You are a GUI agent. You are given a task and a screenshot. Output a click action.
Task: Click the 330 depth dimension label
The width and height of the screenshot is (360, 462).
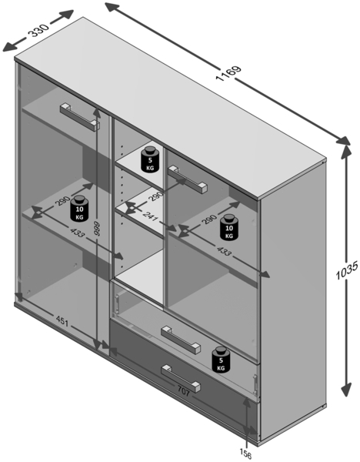coord(39,30)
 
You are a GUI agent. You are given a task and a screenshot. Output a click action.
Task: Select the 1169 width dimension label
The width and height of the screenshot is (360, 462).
coord(228,73)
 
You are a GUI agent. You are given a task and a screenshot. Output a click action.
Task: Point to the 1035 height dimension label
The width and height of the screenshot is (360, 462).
coord(347,270)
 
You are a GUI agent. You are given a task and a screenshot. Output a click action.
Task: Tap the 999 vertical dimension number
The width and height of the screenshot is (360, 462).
coord(97,229)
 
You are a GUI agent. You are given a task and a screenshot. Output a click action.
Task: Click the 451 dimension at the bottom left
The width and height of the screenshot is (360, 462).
coord(62,322)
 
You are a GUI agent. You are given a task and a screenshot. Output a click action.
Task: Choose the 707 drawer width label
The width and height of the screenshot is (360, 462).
coord(184,390)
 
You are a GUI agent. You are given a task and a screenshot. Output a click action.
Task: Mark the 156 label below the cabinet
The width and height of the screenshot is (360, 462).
coord(245,454)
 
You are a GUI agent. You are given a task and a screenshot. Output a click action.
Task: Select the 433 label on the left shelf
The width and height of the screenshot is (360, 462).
coord(77,233)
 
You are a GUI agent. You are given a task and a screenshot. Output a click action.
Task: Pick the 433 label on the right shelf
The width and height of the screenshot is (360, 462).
coord(224,251)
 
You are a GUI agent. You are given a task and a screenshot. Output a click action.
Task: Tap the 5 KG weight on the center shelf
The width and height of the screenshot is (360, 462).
coord(151,159)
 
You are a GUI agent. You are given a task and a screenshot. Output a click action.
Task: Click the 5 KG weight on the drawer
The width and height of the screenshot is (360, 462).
coord(222,360)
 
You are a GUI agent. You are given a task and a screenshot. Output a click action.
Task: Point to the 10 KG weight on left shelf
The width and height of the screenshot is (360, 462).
coord(79,209)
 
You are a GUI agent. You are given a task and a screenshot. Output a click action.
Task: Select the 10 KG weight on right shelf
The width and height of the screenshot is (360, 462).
coord(229,226)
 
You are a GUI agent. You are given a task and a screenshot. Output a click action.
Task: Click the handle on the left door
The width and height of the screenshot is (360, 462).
coord(80,116)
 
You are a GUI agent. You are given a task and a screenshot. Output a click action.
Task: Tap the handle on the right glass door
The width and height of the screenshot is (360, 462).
coord(187,179)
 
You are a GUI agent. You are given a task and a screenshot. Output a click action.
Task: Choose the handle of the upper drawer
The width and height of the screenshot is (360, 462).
coord(181,338)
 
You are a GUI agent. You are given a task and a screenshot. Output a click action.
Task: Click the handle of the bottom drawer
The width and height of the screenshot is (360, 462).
coord(181,379)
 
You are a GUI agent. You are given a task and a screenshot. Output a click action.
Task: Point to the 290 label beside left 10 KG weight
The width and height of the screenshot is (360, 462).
coord(62,201)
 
